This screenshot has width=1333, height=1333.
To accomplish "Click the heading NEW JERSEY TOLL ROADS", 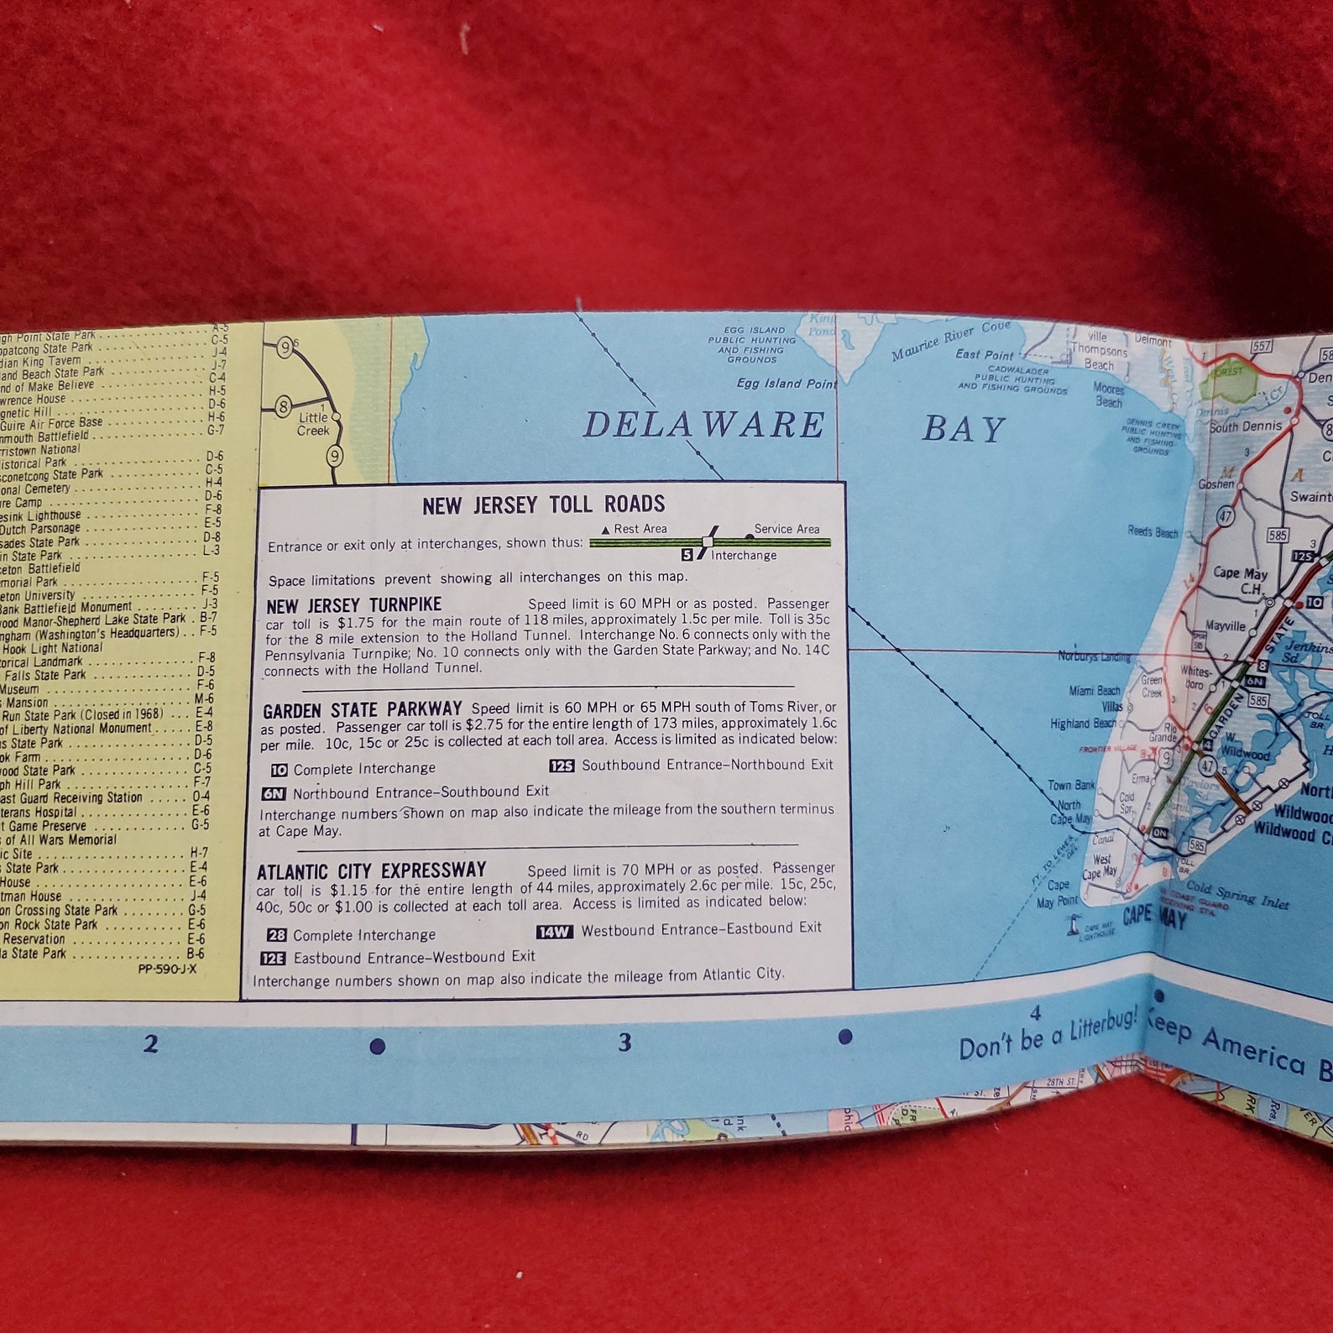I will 543,504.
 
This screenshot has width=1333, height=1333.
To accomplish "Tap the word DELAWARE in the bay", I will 703,425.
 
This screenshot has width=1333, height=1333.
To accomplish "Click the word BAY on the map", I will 963,429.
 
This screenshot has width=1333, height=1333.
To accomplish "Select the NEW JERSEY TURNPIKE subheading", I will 353,605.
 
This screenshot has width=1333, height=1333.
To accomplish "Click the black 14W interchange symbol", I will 554,932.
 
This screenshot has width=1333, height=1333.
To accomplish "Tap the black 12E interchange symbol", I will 273,958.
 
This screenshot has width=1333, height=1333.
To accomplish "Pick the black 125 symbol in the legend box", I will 562,766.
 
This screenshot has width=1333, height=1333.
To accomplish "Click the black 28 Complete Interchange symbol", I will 276,935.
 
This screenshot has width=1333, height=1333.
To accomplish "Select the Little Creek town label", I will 313,424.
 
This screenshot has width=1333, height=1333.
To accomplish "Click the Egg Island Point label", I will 787,384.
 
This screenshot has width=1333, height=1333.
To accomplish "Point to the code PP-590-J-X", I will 167,968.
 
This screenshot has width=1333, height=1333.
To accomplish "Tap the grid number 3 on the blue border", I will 625,1043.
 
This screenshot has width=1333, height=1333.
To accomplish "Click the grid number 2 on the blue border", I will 150,1044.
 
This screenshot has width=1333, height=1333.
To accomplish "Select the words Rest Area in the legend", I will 640,529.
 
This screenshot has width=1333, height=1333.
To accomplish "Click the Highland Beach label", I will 1083,724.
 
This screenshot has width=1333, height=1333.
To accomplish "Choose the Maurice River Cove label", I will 950,339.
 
